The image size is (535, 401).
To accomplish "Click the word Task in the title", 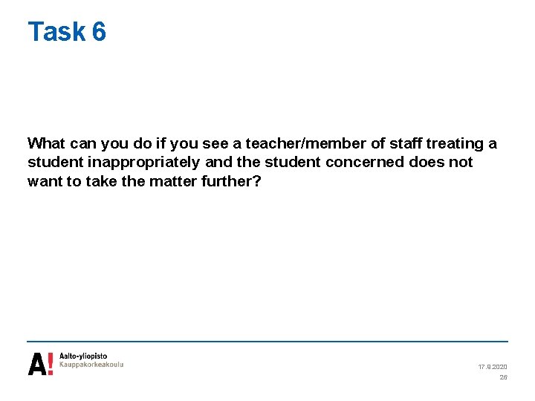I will pos(56,32).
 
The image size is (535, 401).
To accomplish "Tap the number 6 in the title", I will pos(99,32).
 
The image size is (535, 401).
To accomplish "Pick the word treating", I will pos(460,143).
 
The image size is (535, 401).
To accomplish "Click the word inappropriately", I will pos(143,162).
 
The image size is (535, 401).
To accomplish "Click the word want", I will pos(43,181).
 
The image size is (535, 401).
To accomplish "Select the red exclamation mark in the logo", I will pos(50,364).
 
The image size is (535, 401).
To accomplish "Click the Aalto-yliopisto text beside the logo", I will pos(83,357).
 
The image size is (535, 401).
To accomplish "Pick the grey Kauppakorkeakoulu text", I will pos(91,365).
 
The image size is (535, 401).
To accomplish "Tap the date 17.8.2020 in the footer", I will pos(493,367).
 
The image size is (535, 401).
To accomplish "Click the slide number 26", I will pos(503,377).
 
